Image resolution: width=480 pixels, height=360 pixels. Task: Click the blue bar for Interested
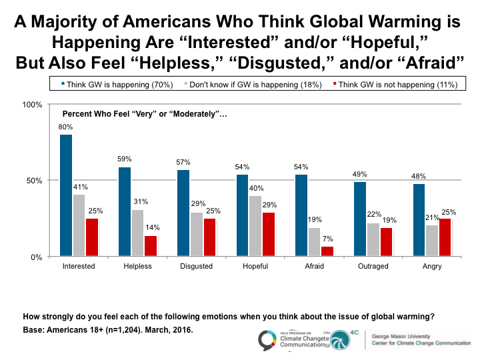click(66, 195)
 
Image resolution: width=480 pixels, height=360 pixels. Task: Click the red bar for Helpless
click(150, 246)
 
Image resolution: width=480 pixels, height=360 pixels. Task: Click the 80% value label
click(66, 127)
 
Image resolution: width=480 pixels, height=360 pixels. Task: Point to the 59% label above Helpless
click(125, 159)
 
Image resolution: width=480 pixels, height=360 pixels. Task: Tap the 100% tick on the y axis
click(33, 105)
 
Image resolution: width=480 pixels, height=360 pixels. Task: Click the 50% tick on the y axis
click(35, 181)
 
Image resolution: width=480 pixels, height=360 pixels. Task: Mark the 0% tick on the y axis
click(37, 257)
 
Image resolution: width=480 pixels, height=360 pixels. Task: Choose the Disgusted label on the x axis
click(196, 266)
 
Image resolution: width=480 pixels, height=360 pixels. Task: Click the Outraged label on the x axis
click(373, 266)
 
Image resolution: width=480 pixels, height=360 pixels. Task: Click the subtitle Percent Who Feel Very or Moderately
click(145, 114)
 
